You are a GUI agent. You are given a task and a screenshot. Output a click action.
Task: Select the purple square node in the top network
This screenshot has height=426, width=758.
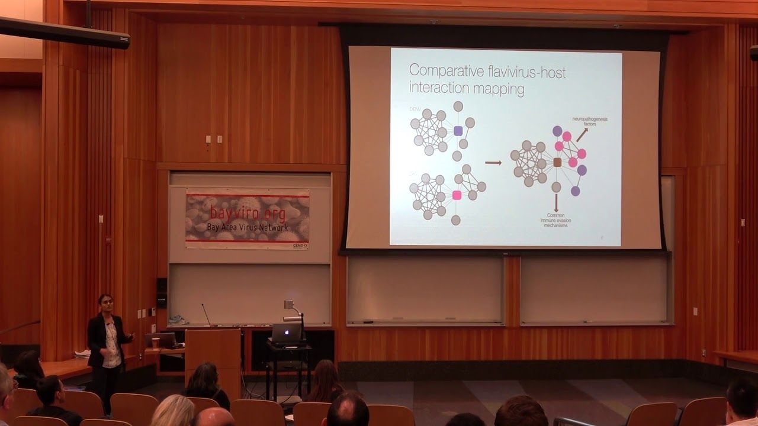[458, 130]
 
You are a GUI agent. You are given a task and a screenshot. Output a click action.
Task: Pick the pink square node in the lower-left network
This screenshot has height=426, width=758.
[457, 195]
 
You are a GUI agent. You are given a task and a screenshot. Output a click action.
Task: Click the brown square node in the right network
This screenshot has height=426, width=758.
[557, 162]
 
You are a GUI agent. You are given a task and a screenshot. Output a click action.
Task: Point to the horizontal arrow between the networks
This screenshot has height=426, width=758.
[493, 162]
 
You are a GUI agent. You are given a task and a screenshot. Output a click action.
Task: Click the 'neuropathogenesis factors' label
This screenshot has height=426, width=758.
[589, 121]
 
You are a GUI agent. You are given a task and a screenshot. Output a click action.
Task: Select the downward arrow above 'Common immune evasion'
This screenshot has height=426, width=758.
[555, 203]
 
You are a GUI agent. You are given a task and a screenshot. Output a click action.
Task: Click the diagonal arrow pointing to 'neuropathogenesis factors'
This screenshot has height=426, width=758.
[582, 135]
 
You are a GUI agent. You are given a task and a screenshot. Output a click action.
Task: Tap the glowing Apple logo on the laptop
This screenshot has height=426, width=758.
[286, 334]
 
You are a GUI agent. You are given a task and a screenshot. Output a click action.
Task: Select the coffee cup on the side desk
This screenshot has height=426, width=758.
[156, 342]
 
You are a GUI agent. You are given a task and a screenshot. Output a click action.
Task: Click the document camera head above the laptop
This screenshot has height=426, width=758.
[290, 305]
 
